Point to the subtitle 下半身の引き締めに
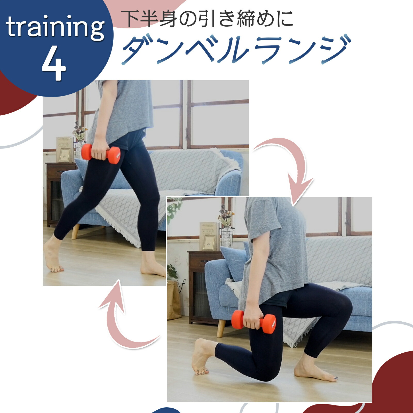tap(208, 19)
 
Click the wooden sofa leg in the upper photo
tap(75, 232)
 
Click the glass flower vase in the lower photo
tap(227, 237)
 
